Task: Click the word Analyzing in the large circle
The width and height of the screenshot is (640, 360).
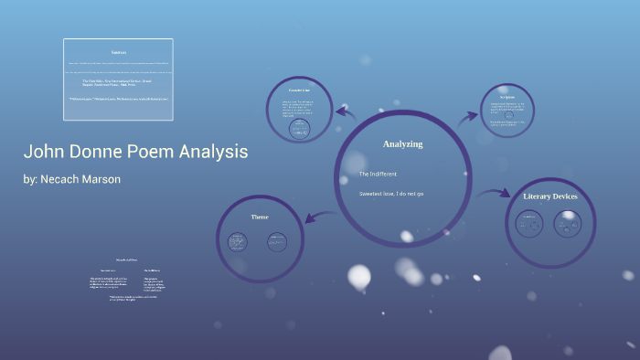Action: tap(402, 144)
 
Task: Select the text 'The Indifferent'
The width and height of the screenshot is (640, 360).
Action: tap(378, 174)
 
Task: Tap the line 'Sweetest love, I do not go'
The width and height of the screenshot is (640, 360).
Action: tap(391, 194)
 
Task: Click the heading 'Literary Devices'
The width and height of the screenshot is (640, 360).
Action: tap(550, 196)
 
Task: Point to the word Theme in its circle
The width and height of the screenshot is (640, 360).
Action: tap(260, 217)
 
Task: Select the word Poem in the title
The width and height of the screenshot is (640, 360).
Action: tap(147, 152)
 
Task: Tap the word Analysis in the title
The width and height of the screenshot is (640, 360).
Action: tap(213, 152)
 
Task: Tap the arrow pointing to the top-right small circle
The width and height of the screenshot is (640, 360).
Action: tap(468, 116)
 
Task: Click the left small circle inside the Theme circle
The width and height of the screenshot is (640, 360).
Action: tap(238, 242)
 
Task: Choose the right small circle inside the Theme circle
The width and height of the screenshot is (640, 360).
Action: tap(278, 242)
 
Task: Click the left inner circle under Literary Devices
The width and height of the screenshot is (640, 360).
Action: tap(528, 221)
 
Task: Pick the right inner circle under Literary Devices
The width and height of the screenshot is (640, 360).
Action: tap(568, 221)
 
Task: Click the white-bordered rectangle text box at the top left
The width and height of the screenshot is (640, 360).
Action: tap(118, 79)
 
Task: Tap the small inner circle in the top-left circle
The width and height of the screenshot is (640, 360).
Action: tap(298, 131)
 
